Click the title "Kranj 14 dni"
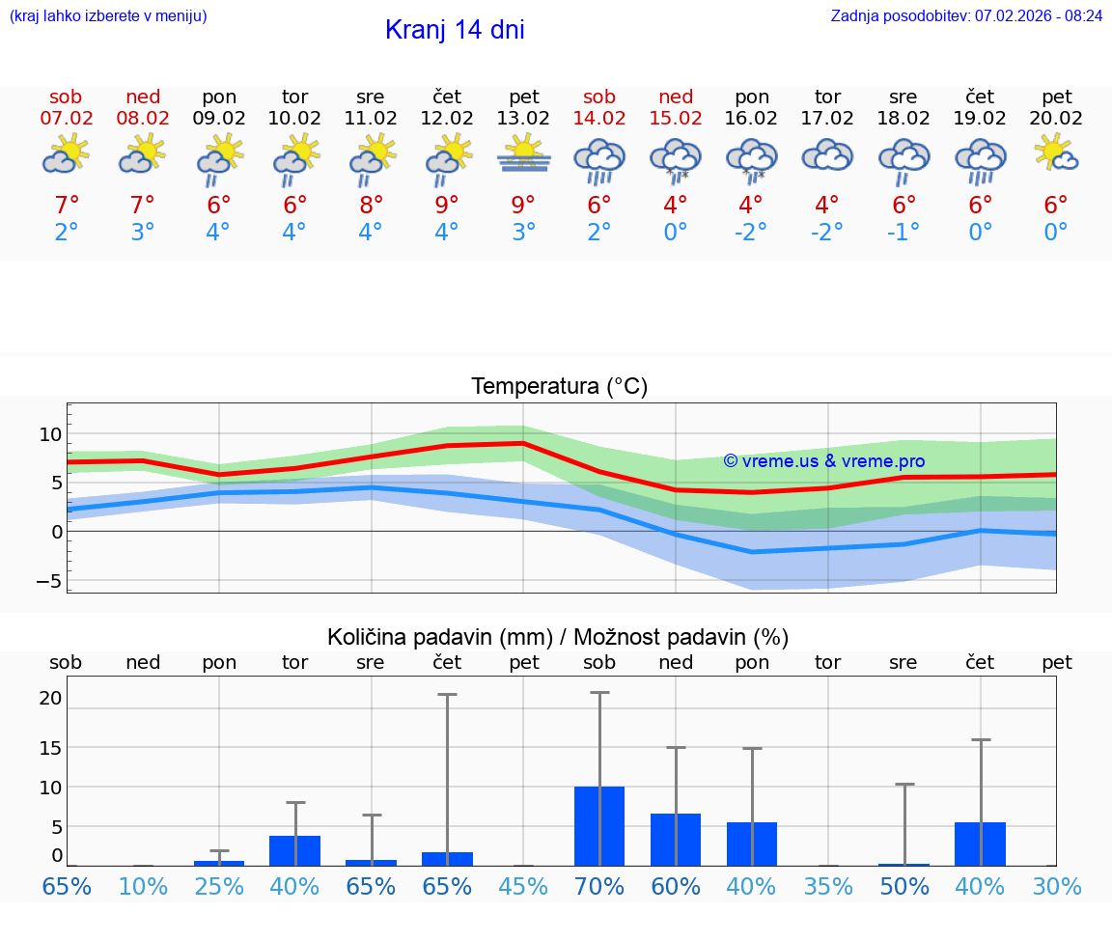point(455,30)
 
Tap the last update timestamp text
point(966,16)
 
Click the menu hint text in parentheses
point(108,16)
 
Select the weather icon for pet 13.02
point(523,155)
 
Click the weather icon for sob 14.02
point(599,160)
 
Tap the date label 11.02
point(371,118)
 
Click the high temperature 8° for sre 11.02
point(371,206)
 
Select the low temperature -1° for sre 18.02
point(903,233)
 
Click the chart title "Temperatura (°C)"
point(560,387)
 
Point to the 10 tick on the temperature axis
point(50,435)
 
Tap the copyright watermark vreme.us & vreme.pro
point(824,461)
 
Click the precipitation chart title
point(558,637)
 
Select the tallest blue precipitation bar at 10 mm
point(599,826)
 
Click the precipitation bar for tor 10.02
point(294,850)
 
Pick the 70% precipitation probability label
point(599,887)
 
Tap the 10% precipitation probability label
point(143,887)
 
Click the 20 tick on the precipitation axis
point(51,699)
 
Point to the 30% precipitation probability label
point(1057,887)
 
